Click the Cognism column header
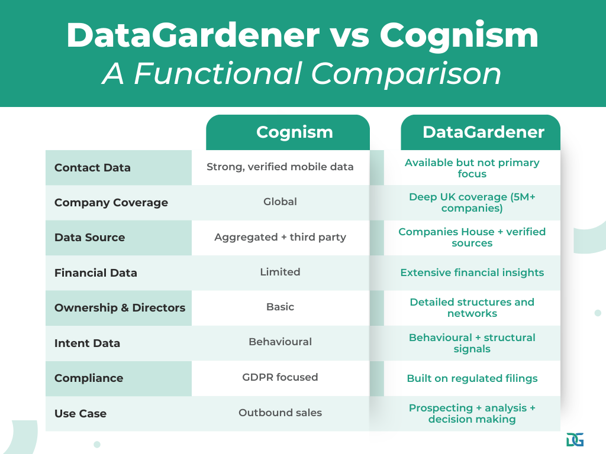point(294,132)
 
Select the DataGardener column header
point(483,132)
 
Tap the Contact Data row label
point(92,168)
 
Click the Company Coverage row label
point(111,203)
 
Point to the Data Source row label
point(89,238)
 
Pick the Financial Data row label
point(95,273)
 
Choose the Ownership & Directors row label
point(120,308)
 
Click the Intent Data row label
point(87,343)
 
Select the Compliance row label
point(89,378)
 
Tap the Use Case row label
point(80,414)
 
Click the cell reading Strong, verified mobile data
point(280,167)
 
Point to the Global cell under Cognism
point(280,202)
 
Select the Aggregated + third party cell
point(280,238)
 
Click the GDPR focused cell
point(280,377)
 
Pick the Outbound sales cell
point(280,413)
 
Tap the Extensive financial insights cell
point(472,273)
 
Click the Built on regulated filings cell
point(472,378)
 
